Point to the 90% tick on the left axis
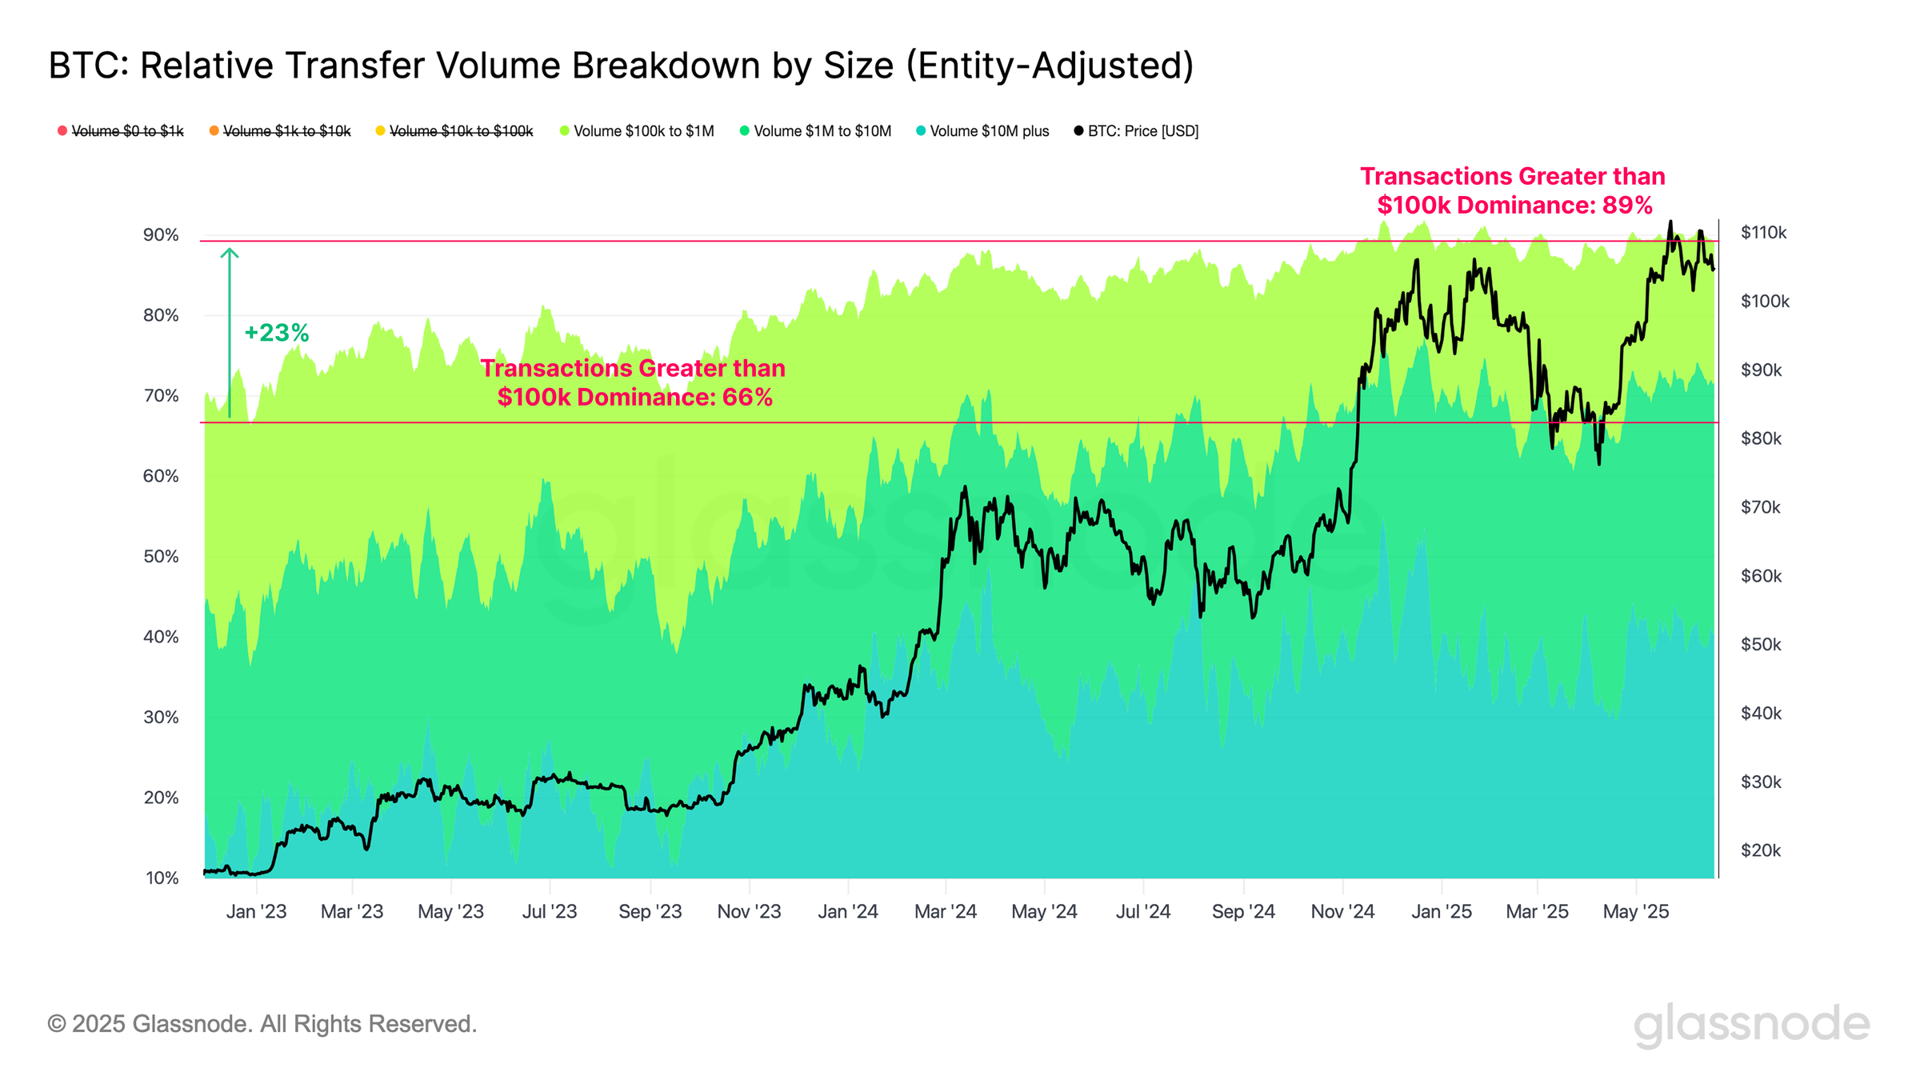tap(161, 235)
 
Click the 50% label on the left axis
tap(161, 557)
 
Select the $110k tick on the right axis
tap(1763, 233)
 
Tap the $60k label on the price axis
tap(1761, 576)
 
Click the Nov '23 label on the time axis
tap(749, 912)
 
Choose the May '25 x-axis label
tap(1636, 912)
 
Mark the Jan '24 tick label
tap(848, 912)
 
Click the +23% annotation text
tap(276, 333)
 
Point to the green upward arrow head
tap(230, 253)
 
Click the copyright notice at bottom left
tap(262, 1024)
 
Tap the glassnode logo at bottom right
tap(1751, 1025)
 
